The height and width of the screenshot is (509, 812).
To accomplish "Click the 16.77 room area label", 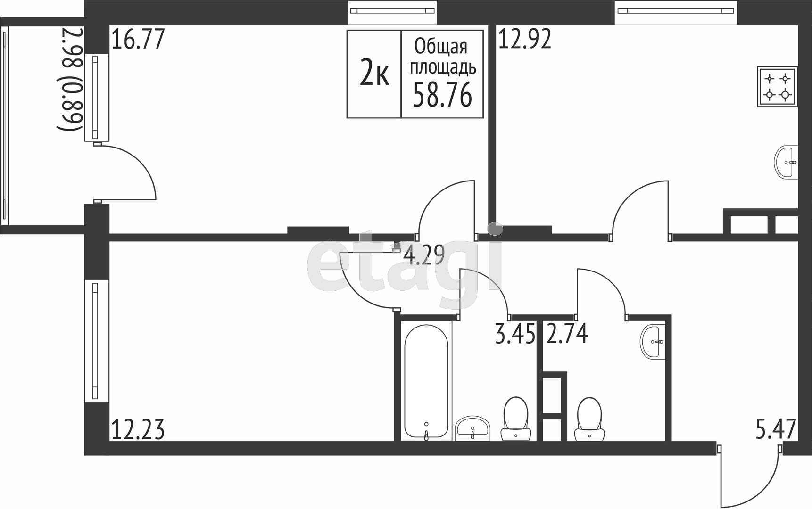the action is (138, 39).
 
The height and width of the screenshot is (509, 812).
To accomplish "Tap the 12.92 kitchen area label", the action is (525, 39).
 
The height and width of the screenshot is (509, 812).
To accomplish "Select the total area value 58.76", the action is (442, 96).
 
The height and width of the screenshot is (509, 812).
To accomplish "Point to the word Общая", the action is (441, 47).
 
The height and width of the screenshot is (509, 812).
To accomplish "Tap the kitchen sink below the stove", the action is (786, 163).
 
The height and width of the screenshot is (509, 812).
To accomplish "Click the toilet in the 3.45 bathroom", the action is (515, 419).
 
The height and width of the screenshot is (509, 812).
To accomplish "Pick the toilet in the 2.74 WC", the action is (589, 419).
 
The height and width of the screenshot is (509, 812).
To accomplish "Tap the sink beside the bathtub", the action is (473, 428).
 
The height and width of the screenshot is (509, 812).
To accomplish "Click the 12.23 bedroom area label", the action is (138, 430).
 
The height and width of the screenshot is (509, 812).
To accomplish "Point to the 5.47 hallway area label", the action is (776, 430).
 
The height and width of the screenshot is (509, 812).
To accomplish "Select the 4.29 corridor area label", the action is (424, 256).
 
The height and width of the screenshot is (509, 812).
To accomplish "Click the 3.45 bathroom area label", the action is (515, 334).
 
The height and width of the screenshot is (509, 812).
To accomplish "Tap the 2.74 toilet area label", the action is (567, 334).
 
